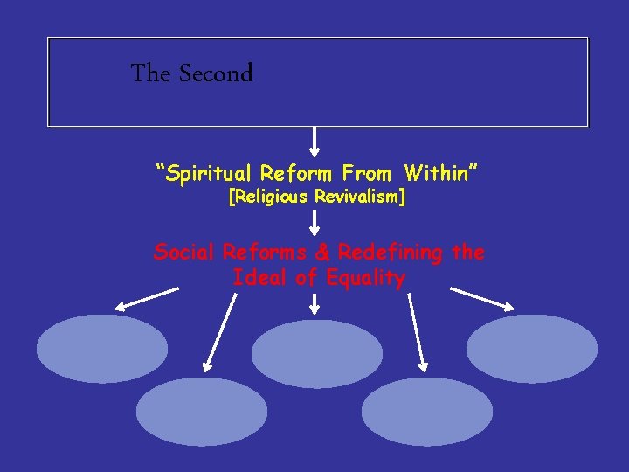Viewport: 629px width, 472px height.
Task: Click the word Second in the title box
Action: pos(216,74)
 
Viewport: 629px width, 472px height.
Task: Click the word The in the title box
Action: pos(150,74)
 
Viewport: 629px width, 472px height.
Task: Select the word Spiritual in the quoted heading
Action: pos(204,173)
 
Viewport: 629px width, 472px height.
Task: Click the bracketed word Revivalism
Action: pos(359,198)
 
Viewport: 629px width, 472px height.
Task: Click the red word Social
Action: pos(184,253)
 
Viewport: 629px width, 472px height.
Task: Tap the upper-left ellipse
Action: pos(101,349)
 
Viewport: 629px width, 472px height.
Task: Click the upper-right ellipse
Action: pos(531,349)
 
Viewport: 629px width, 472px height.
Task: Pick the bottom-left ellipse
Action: pos(202,412)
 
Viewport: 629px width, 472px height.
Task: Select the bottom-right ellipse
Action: pos(427,412)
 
